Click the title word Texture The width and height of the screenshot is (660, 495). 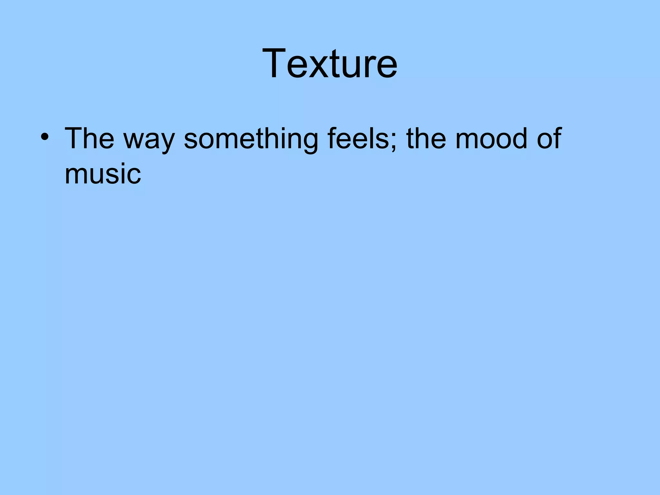click(x=330, y=63)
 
